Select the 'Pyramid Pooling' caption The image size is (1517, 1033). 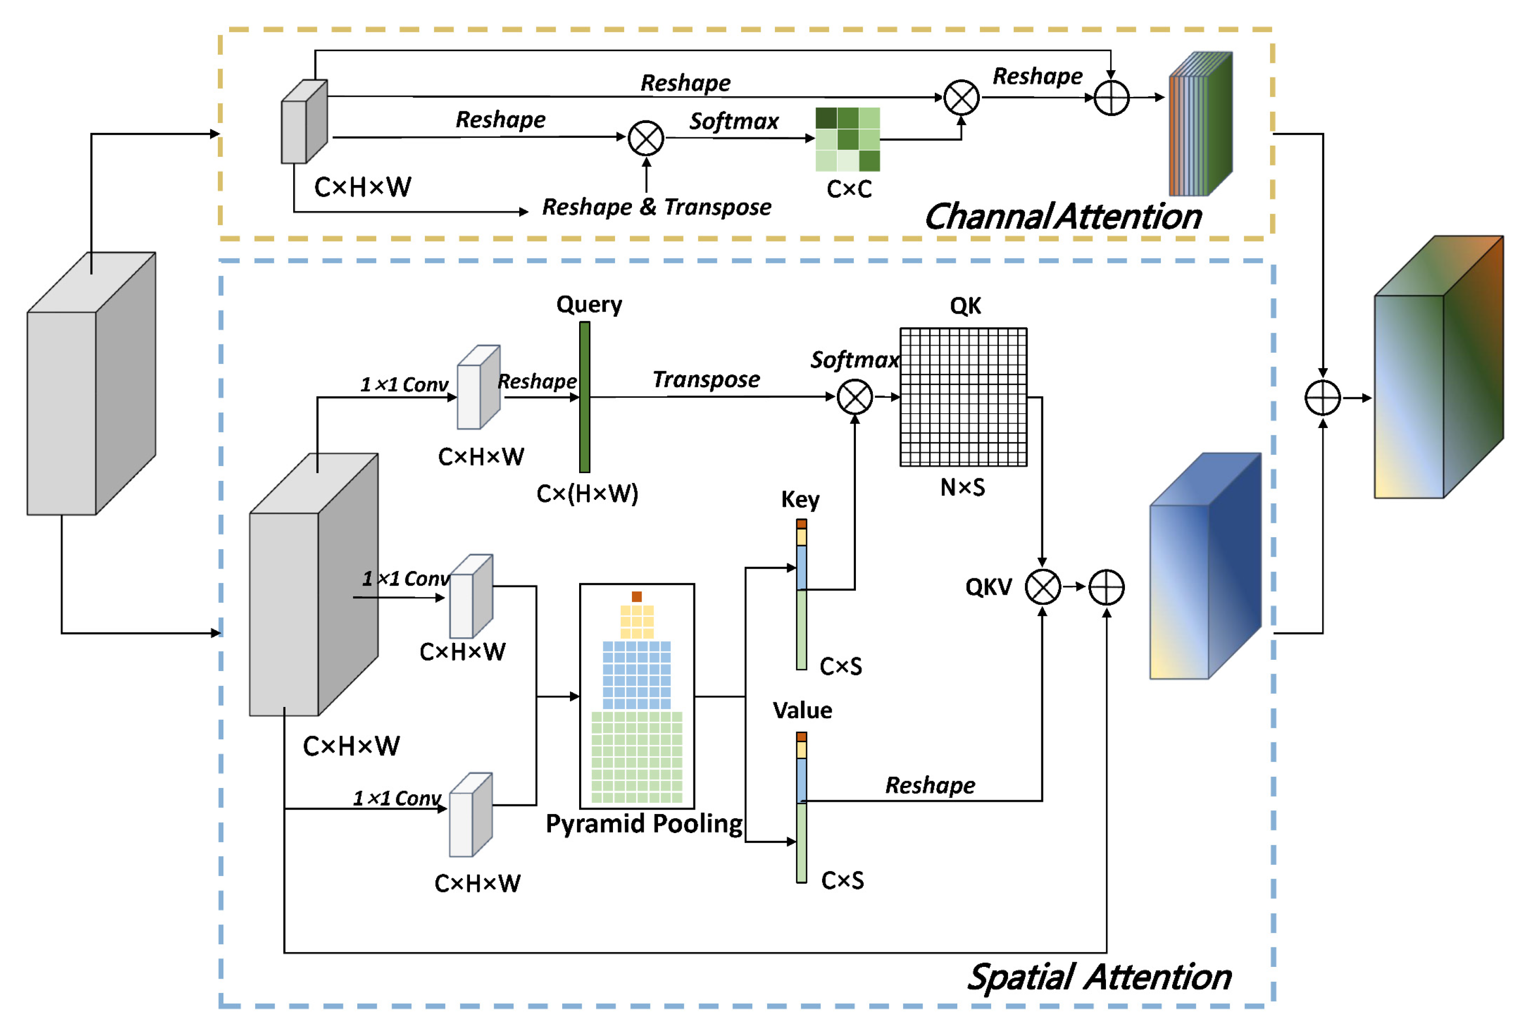644,823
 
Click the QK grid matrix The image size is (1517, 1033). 963,397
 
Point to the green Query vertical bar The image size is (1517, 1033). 584,397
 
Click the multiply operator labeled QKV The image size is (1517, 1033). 1042,587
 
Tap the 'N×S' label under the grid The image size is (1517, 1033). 962,487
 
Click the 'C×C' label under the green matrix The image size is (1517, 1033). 849,189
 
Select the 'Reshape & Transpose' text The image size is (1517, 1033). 656,207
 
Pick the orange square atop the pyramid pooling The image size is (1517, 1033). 637,596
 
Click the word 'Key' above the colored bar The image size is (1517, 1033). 801,499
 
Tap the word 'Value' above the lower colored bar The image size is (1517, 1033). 802,711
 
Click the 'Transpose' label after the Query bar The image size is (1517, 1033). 706,379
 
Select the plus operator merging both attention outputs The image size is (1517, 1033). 1322,398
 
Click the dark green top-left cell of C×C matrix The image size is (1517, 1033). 826,118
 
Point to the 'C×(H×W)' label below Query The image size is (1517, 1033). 587,494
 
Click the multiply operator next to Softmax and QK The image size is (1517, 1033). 854,397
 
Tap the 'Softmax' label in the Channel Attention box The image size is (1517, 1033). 734,121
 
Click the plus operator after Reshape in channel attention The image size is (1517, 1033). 1111,98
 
